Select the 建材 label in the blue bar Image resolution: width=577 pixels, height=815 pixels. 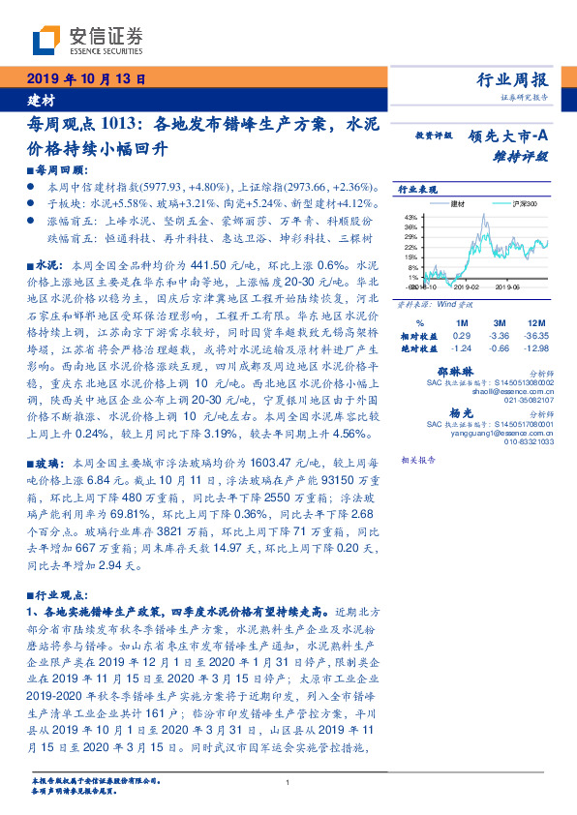[40, 100]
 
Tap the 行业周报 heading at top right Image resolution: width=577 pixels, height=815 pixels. [512, 80]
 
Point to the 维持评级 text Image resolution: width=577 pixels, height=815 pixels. [519, 155]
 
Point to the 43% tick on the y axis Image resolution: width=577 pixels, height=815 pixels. [410, 217]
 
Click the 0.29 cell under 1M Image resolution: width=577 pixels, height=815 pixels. [462, 334]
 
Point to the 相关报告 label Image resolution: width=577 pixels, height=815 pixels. [420, 461]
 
